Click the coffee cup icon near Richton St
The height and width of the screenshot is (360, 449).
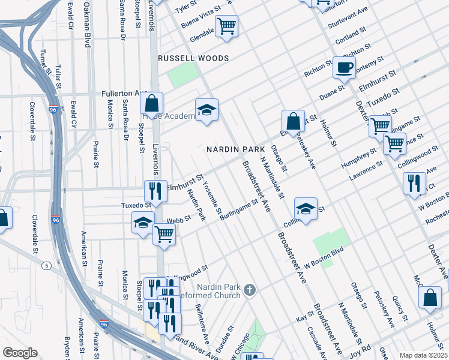coord(344,67)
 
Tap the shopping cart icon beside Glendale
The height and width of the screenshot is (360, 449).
coord(226,26)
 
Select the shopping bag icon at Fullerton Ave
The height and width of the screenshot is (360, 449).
coord(152,103)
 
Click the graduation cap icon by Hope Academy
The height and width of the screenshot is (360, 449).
coord(206,110)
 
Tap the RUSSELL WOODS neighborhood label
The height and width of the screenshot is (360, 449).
coord(193,58)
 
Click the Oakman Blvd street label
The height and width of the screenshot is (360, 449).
coord(87,24)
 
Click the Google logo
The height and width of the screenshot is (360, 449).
coord(20,353)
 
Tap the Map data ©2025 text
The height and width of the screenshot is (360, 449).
coord(423,355)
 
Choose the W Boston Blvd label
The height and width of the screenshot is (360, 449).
coord(324,257)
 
